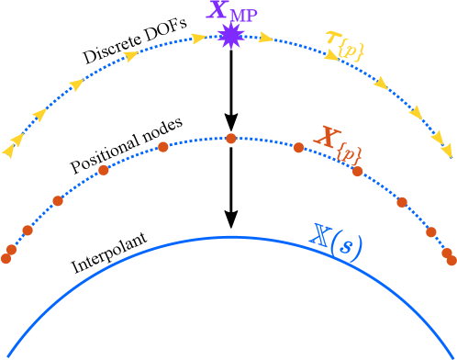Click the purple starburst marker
point(229,36)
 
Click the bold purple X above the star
point(217,12)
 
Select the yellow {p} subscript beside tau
point(351,51)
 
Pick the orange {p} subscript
point(348,154)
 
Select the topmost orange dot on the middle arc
point(231,139)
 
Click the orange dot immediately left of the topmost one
point(163,147)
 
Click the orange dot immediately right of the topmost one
point(298,147)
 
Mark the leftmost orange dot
point(6,259)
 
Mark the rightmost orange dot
point(451,261)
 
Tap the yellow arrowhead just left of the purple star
point(197,39)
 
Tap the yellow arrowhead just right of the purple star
point(266,39)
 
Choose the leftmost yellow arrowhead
point(8,150)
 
